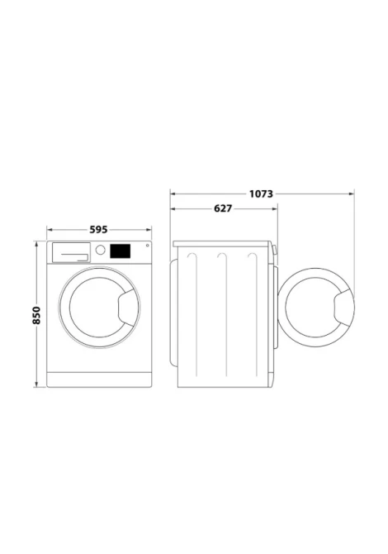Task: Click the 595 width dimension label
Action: coord(98,230)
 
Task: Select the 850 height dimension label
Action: coord(36,316)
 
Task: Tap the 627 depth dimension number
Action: coord(223,209)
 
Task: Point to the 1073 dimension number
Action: coord(261,194)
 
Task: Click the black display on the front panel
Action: coord(121,251)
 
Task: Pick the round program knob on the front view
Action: coord(100,251)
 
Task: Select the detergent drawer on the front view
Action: coord(71,253)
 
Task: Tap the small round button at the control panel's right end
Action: coord(147,246)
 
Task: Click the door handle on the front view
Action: coord(127,307)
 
